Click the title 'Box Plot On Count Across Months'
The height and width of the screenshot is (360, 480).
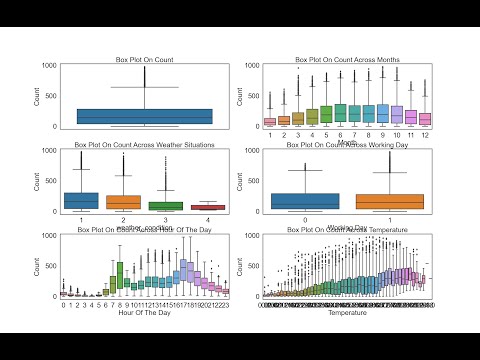pos(346,60)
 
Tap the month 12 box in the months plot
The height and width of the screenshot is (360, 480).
pos(425,119)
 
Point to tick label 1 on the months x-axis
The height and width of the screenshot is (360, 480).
pos(270,134)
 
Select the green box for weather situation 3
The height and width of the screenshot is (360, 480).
pos(166,205)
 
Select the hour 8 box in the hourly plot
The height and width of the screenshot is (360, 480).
pos(121,273)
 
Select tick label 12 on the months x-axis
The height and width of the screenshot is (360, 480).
pos(425,134)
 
